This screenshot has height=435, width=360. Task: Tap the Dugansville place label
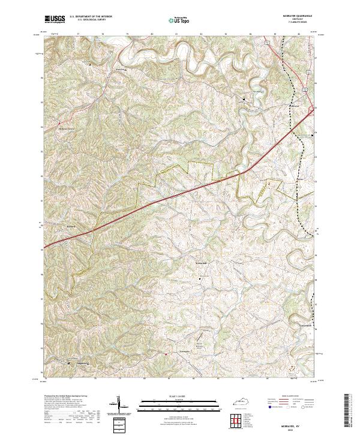click(x=81, y=363)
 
